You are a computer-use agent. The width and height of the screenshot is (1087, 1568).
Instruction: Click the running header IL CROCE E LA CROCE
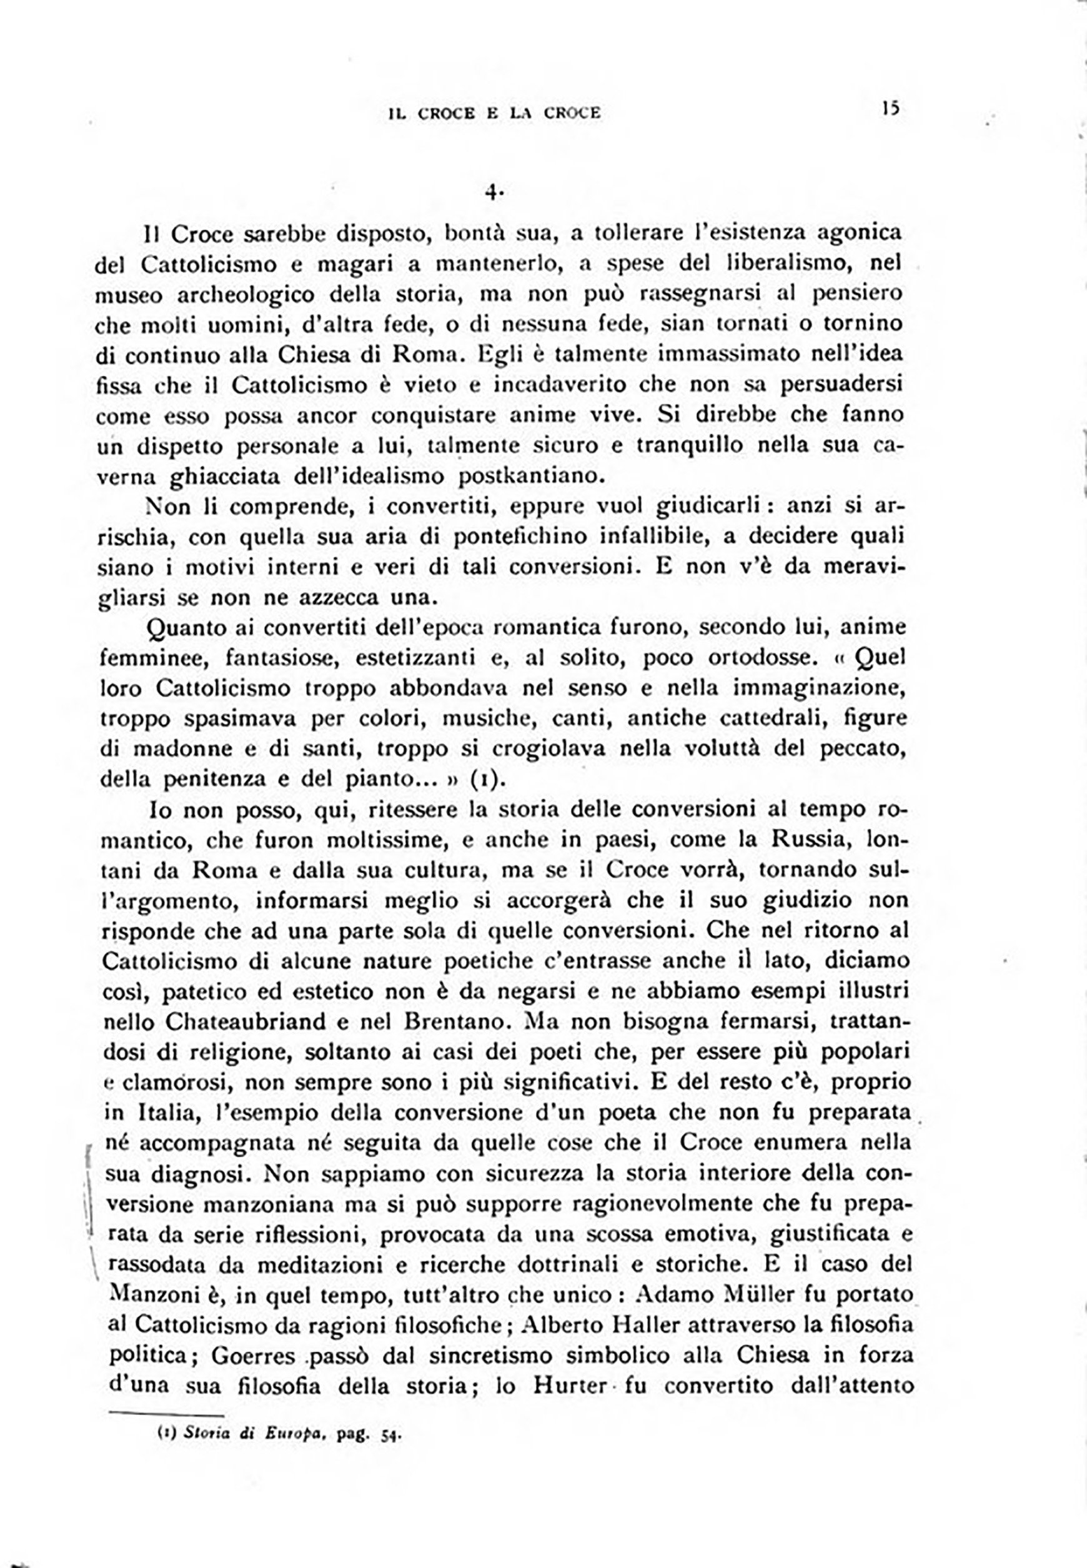pos(495,113)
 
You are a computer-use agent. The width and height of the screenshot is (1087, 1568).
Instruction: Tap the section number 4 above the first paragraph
pos(492,193)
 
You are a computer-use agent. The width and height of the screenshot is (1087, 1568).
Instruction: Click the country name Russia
pos(810,839)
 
